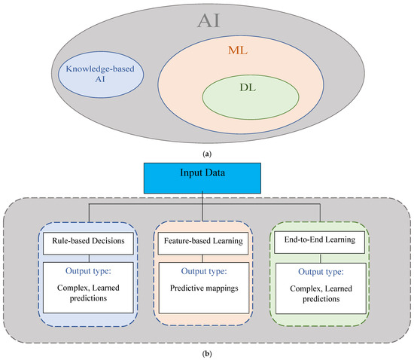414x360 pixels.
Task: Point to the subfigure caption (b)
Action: click(x=206, y=351)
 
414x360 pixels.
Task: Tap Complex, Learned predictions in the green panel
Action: click(x=319, y=292)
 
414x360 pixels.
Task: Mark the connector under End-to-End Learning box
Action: click(x=319, y=258)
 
